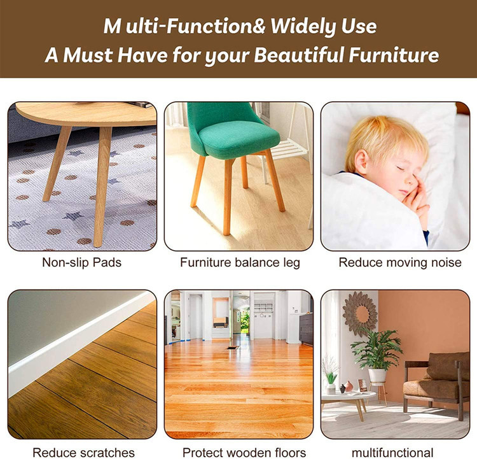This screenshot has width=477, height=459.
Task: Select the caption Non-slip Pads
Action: pyautogui.click(x=82, y=262)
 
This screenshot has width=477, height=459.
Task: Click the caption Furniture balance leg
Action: pyautogui.click(x=240, y=262)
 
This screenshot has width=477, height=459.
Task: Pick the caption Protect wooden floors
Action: pyautogui.click(x=244, y=453)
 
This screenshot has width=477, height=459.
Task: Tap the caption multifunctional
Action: pyautogui.click(x=393, y=453)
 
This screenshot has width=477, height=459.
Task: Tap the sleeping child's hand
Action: pyautogui.click(x=414, y=202)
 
